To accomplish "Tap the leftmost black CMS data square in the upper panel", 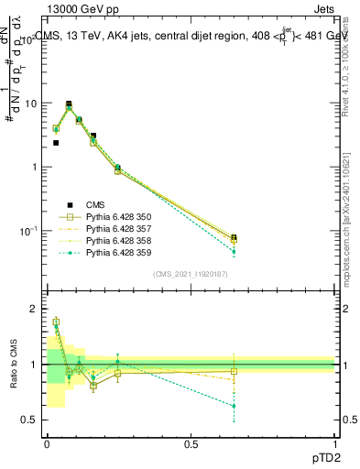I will point(56,143).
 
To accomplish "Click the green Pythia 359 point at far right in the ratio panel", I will point(234,406).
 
